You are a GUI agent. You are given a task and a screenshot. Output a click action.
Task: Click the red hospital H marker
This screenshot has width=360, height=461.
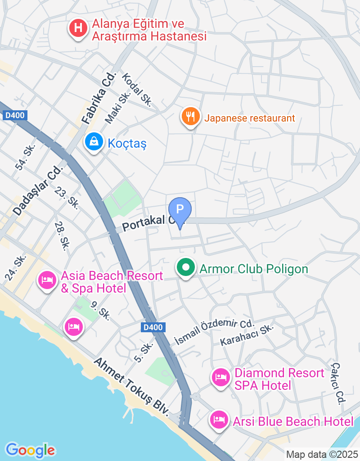(x=78, y=28)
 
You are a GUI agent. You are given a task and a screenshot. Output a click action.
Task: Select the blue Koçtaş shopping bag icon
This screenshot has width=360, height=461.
(x=94, y=142)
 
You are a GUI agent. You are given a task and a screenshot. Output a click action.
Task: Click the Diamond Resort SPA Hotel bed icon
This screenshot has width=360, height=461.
(x=220, y=377)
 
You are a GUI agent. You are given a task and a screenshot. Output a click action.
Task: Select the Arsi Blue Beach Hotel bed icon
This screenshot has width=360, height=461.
(x=219, y=420)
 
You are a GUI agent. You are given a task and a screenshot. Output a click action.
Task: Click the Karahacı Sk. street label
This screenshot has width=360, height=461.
(x=247, y=335)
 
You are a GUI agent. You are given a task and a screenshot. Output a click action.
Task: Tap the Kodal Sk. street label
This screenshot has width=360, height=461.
(x=137, y=90)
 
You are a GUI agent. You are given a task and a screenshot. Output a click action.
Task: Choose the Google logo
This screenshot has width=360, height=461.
(x=30, y=449)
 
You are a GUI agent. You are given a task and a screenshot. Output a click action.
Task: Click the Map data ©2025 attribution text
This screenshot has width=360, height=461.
(x=322, y=454)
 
